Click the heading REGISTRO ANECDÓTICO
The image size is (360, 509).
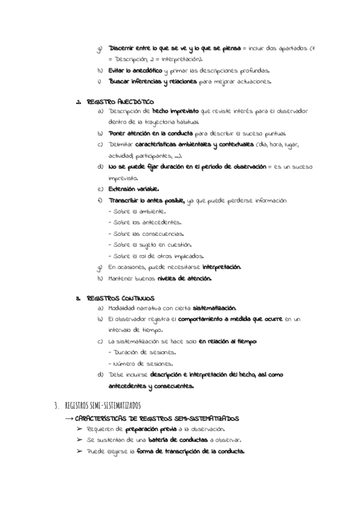pyautogui.click(x=120, y=101)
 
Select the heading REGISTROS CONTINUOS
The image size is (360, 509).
pyautogui.click(x=121, y=298)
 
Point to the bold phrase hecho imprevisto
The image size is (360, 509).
pyautogui.click(x=176, y=112)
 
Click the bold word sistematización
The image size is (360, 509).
pyautogui.click(x=210, y=308)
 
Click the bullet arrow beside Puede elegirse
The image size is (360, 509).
pyautogui.click(x=80, y=451)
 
